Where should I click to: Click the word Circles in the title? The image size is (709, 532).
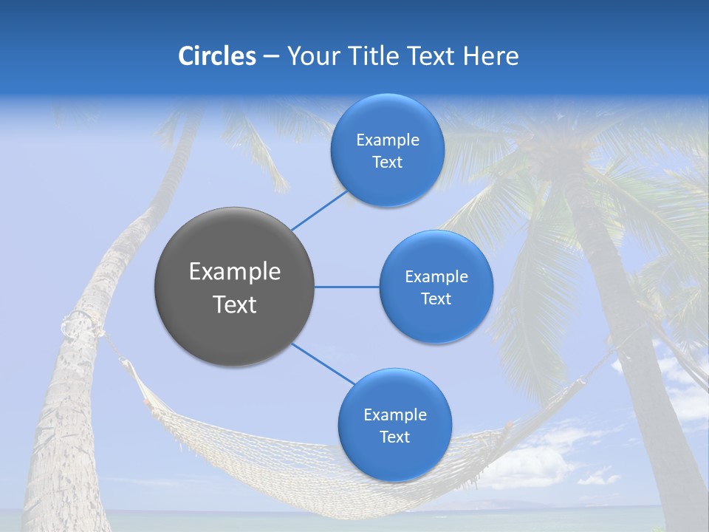tap(217, 56)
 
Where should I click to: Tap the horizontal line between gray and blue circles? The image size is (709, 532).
tap(347, 287)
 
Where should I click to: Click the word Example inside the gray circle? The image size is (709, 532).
tap(235, 272)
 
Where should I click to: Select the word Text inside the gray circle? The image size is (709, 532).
tap(235, 304)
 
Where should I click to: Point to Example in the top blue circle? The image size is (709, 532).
tap(387, 140)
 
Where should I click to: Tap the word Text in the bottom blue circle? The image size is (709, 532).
tap(394, 437)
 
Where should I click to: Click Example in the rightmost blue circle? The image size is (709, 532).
tap(436, 277)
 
